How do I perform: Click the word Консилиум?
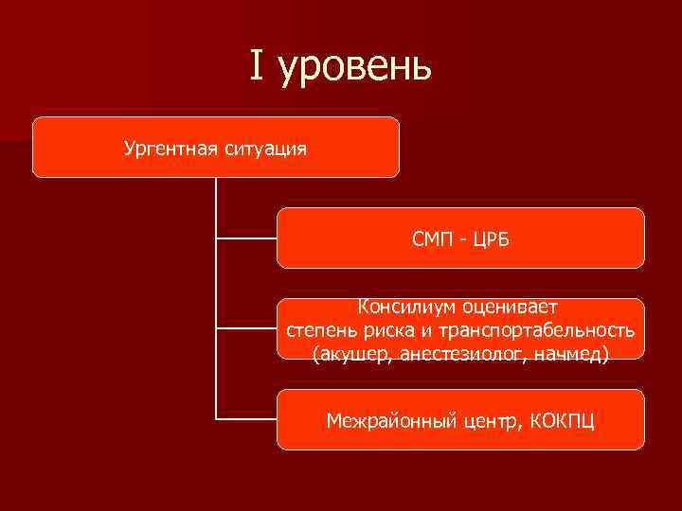(x=405, y=307)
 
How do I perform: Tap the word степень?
(x=321, y=330)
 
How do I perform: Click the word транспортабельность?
(x=535, y=330)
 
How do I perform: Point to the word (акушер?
(x=352, y=353)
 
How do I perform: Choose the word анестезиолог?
(x=464, y=353)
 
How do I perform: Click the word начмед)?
(x=572, y=353)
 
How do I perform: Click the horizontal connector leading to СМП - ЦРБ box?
(x=246, y=238)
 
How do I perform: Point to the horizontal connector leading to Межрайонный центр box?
(x=246, y=418)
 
